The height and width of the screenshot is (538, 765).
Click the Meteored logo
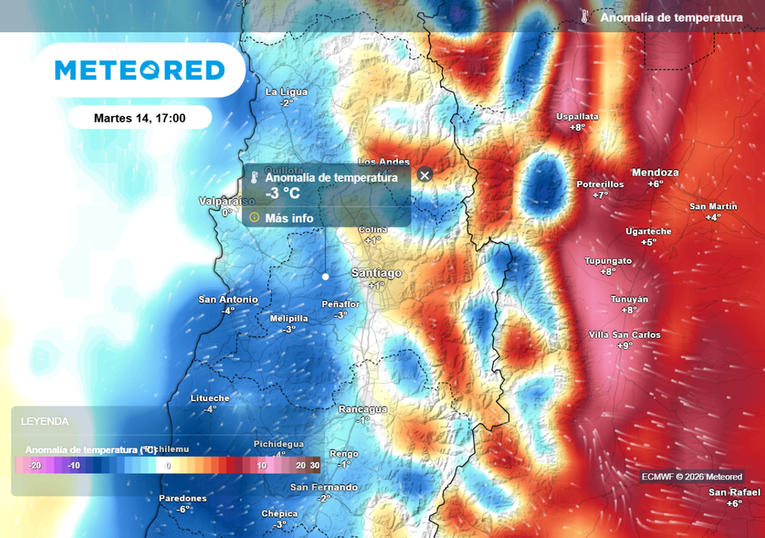pyautogui.click(x=140, y=70)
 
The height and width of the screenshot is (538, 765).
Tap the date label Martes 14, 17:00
pyautogui.click(x=140, y=118)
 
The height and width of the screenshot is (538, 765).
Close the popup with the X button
pyautogui.click(x=425, y=175)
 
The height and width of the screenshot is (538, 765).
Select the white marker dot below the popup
pyautogui.click(x=325, y=276)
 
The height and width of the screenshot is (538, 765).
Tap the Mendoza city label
pyautogui.click(x=655, y=173)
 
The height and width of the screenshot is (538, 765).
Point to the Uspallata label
pyautogui.click(x=577, y=117)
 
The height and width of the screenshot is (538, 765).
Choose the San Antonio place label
pyautogui.click(x=228, y=300)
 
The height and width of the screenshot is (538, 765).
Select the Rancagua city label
pyautogui.click(x=363, y=409)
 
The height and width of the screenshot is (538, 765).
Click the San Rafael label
pyautogui.click(x=734, y=492)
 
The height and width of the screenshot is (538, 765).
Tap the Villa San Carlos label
pyautogui.click(x=625, y=335)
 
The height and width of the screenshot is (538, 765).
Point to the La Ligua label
pyautogui.click(x=287, y=92)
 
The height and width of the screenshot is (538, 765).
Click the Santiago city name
pyautogui.click(x=377, y=273)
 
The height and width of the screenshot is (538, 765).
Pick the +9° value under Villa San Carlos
pyautogui.click(x=625, y=345)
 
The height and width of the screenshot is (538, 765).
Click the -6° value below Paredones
pyautogui.click(x=183, y=509)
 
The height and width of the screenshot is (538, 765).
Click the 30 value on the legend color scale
pyautogui.click(x=315, y=466)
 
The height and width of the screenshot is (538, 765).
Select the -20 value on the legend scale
pyautogui.click(x=34, y=466)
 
